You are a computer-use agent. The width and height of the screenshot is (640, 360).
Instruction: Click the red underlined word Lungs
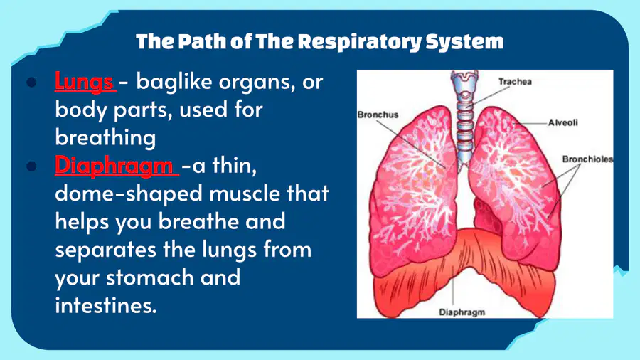(x=84, y=82)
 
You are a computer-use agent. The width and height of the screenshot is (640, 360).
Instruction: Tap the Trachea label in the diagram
(x=515, y=82)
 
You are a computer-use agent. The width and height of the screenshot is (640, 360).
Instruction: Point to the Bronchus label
(x=378, y=115)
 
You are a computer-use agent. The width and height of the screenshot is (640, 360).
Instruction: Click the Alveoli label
(x=563, y=122)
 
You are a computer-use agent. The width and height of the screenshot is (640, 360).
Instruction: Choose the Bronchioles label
(x=587, y=159)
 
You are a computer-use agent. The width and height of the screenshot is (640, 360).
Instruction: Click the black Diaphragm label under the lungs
(x=462, y=312)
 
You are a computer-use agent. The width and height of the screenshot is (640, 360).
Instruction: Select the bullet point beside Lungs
(x=31, y=82)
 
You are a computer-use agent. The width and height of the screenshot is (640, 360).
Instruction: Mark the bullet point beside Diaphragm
(x=31, y=166)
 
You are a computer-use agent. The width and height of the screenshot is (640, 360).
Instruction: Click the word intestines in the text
(x=106, y=305)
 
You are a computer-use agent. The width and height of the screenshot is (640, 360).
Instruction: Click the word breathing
(x=105, y=138)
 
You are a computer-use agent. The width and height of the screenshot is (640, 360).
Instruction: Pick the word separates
(x=106, y=250)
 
